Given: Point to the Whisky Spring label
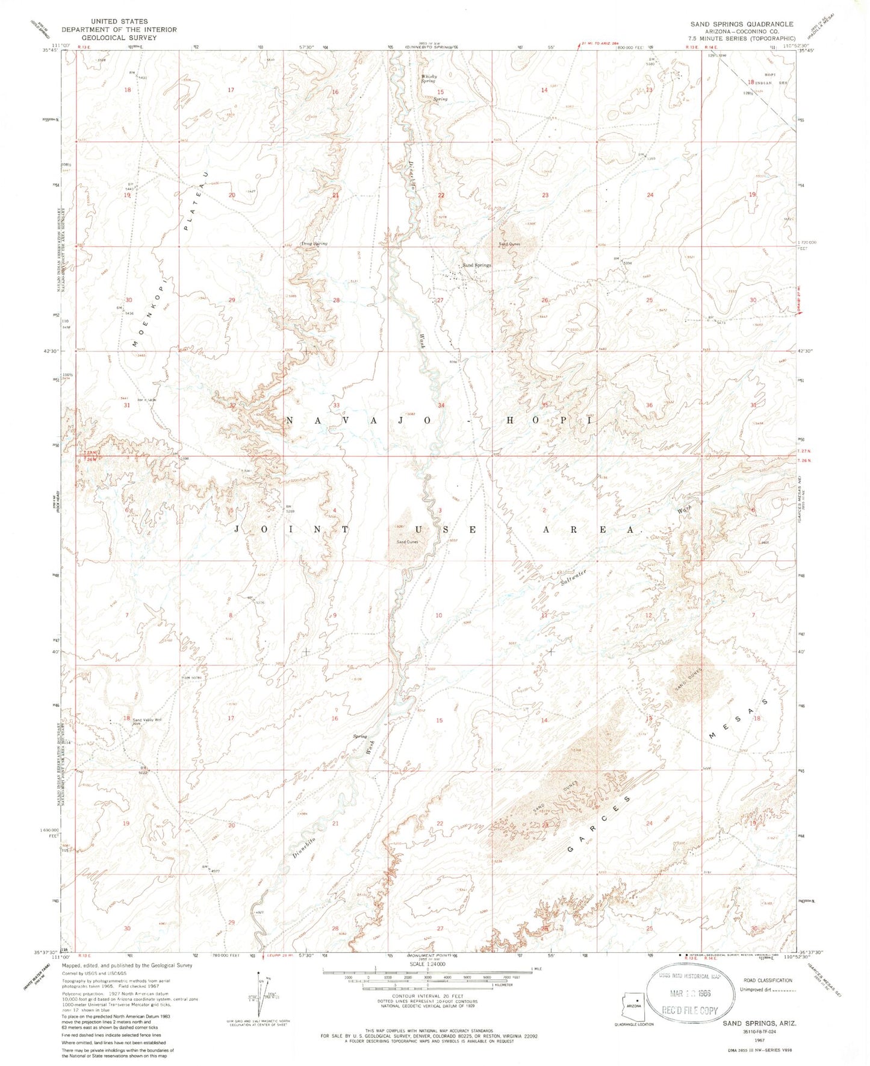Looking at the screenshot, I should coord(429,78).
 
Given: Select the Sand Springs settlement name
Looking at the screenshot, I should coord(476,265).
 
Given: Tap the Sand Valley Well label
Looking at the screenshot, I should coord(147,720).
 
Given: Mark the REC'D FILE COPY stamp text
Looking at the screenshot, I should coord(690,1011).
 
